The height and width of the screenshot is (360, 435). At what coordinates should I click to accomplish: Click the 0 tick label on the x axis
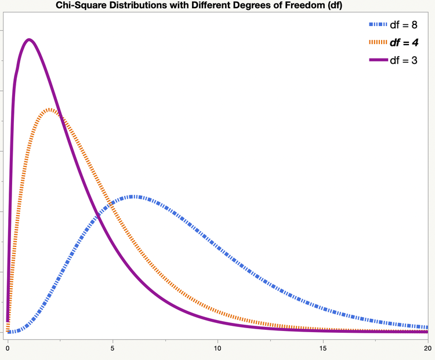click(8, 349)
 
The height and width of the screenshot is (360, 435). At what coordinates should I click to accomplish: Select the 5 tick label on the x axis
click(113, 349)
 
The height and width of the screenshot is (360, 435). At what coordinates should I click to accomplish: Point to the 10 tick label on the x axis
click(217, 349)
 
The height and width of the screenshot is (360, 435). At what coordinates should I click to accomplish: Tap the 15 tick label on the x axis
click(322, 349)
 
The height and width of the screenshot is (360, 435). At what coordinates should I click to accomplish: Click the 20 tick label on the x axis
click(427, 349)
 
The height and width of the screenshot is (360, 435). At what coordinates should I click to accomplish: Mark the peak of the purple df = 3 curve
click(28, 39)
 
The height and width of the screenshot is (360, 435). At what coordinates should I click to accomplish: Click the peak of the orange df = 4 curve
click(50, 110)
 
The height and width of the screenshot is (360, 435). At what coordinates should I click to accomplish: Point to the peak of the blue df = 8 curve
click(133, 197)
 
